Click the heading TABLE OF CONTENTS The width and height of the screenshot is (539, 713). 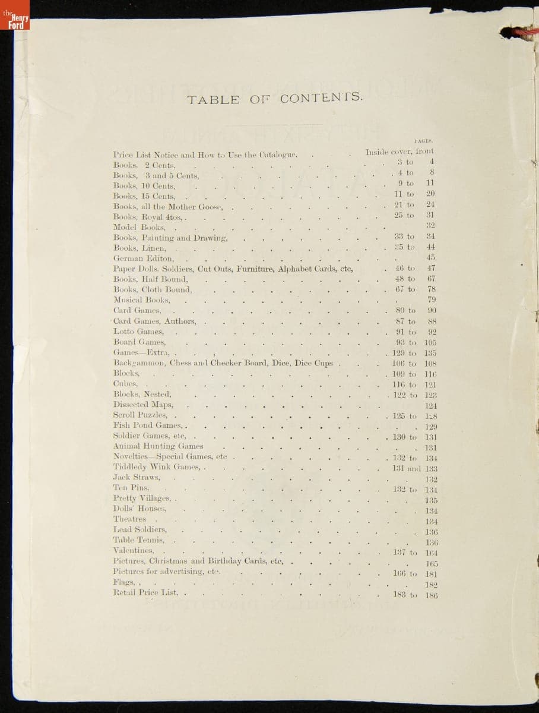click(x=274, y=99)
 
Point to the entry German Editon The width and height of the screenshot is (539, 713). click(x=144, y=258)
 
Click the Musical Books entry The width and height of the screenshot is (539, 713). click(x=141, y=300)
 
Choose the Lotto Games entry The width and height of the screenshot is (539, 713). click(x=138, y=332)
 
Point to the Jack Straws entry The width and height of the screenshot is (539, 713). click(x=137, y=478)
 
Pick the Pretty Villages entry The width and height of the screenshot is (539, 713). click(x=142, y=498)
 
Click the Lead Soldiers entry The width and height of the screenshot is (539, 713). click(x=140, y=529)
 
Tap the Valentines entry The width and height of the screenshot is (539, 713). click(x=134, y=551)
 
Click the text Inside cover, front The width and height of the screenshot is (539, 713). click(x=400, y=152)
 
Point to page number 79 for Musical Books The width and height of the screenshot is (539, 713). click(x=432, y=300)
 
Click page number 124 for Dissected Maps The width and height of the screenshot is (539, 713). click(x=431, y=405)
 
